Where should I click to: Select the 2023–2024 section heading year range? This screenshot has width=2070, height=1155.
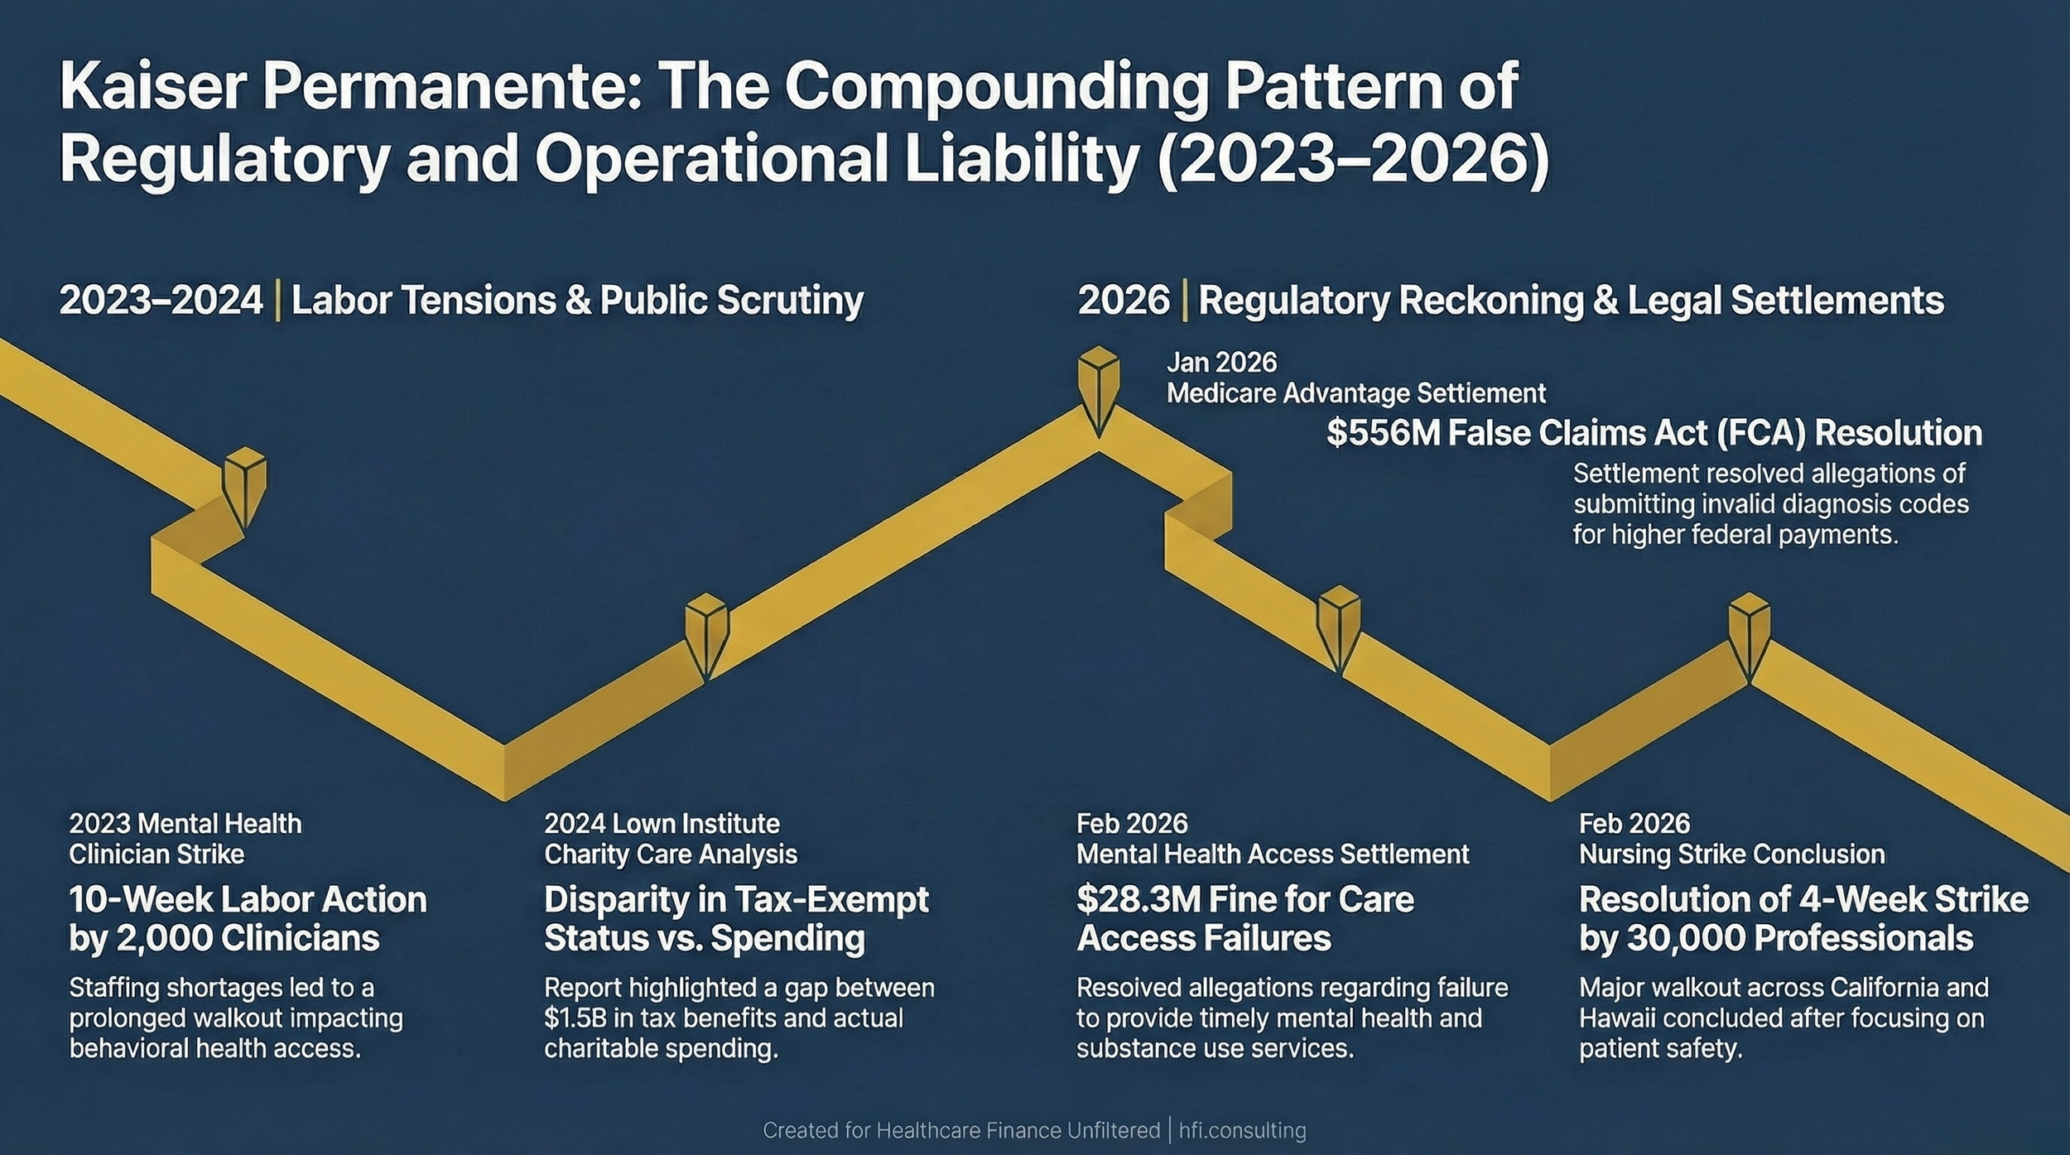[x=161, y=300]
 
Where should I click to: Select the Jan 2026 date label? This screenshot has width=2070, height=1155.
[x=1221, y=363]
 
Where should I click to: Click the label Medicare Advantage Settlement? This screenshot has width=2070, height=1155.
[x=1355, y=393]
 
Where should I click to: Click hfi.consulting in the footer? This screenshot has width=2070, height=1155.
[x=1242, y=1130]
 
